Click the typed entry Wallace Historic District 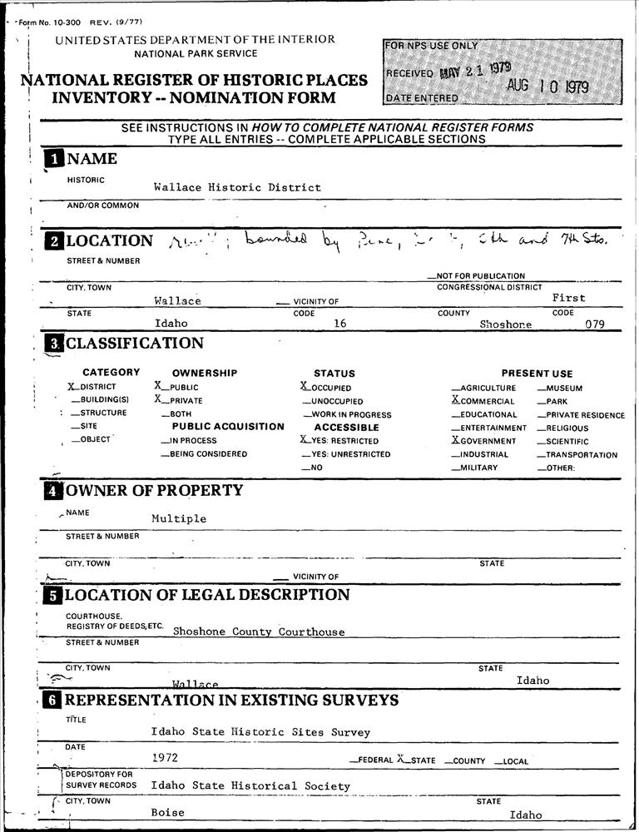[x=237, y=188]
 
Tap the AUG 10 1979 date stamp [x=547, y=86]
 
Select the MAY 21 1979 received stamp [x=475, y=70]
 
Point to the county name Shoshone [x=506, y=324]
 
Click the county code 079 [x=594, y=324]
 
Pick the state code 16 [x=339, y=324]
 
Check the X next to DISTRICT [x=72, y=387]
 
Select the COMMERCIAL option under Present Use [x=486, y=401]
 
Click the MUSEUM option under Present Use [x=563, y=388]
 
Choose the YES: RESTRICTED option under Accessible [x=340, y=441]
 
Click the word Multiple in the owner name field [x=179, y=518]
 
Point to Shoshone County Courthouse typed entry [x=258, y=632]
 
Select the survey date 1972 [x=165, y=758]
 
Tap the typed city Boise [x=167, y=813]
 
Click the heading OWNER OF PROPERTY [x=154, y=490]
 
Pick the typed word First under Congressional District [x=569, y=298]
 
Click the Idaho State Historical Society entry [x=250, y=785]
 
